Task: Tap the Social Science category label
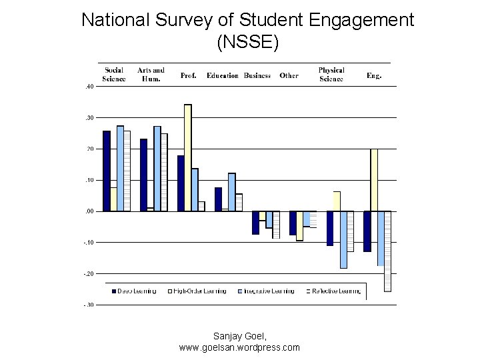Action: click(114, 75)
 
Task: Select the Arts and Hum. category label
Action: click(151, 75)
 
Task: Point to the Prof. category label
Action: click(189, 76)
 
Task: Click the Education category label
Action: click(223, 76)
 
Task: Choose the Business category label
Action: click(257, 76)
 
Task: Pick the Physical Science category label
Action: click(331, 75)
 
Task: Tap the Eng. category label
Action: click(374, 76)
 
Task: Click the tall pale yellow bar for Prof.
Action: click(187, 157)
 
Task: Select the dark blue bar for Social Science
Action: click(107, 171)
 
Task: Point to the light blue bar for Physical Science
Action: click(344, 239)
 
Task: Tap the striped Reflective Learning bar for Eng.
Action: click(388, 251)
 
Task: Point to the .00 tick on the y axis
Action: click(89, 211)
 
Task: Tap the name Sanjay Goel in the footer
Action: click(239, 336)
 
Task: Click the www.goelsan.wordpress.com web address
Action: click(239, 347)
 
